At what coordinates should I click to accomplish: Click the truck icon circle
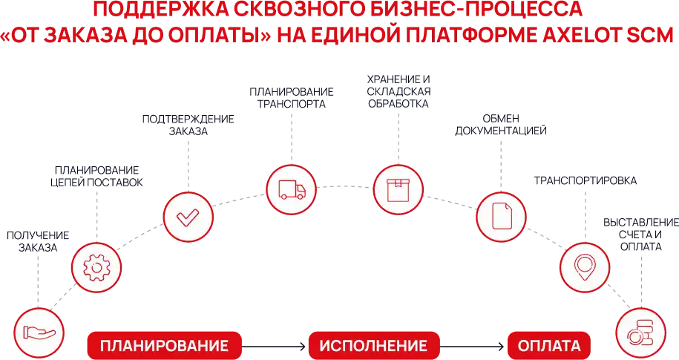point(291,189)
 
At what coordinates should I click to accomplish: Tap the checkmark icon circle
point(188,217)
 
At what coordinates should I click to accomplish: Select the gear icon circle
point(96,268)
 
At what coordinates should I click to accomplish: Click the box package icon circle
point(398,189)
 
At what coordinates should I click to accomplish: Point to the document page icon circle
point(501,217)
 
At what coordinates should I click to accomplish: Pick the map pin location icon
point(585,267)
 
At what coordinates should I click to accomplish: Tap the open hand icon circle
point(39,333)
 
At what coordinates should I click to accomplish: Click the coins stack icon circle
point(641,333)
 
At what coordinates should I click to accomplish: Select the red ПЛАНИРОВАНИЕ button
point(165,346)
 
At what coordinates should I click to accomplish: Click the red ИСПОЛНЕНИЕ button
point(374,346)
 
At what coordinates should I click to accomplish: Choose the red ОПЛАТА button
point(549,346)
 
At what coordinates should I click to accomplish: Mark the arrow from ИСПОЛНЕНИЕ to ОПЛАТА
point(473,346)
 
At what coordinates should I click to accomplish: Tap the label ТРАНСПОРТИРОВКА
point(585,180)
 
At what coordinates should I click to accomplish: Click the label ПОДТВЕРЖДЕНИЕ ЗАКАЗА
point(188,125)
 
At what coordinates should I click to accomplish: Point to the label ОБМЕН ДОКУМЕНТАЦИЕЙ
point(501,125)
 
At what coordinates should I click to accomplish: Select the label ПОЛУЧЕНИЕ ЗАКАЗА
point(38,241)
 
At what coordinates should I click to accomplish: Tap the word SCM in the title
point(649,35)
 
